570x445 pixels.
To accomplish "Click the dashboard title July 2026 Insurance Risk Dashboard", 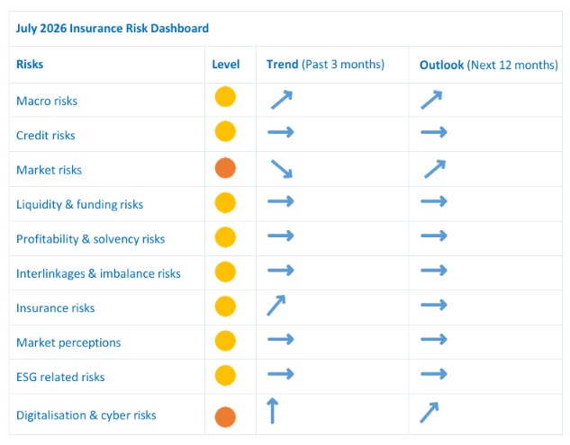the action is (x=113, y=28).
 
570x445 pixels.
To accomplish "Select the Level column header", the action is (x=226, y=64).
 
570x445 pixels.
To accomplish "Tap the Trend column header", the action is (x=325, y=64).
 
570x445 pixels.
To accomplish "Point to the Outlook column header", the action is (x=489, y=65).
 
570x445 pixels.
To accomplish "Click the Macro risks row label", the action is (x=47, y=101).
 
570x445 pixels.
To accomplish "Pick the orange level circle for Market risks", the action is (x=225, y=168).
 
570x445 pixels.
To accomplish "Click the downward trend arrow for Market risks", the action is (x=282, y=169).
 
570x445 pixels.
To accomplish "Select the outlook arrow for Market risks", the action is (x=435, y=169).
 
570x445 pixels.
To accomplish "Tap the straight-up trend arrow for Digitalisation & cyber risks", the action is (x=272, y=411).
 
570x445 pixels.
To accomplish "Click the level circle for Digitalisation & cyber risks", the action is (x=225, y=417).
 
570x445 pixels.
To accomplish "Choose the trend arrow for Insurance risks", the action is (x=276, y=306).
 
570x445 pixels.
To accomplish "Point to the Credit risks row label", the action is (x=46, y=135).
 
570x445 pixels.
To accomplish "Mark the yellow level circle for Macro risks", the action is (x=225, y=97).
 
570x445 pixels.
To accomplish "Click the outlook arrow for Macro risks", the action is (x=431, y=100).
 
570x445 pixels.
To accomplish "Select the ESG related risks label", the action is (x=60, y=377).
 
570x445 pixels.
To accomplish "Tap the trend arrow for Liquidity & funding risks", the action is (x=281, y=201).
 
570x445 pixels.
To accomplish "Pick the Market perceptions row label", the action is (x=68, y=343).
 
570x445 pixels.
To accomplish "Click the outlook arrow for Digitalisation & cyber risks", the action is (x=430, y=413).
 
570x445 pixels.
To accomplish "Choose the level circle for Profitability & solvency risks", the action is (x=225, y=237).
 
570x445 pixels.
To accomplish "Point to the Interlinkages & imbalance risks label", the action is (x=98, y=273).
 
